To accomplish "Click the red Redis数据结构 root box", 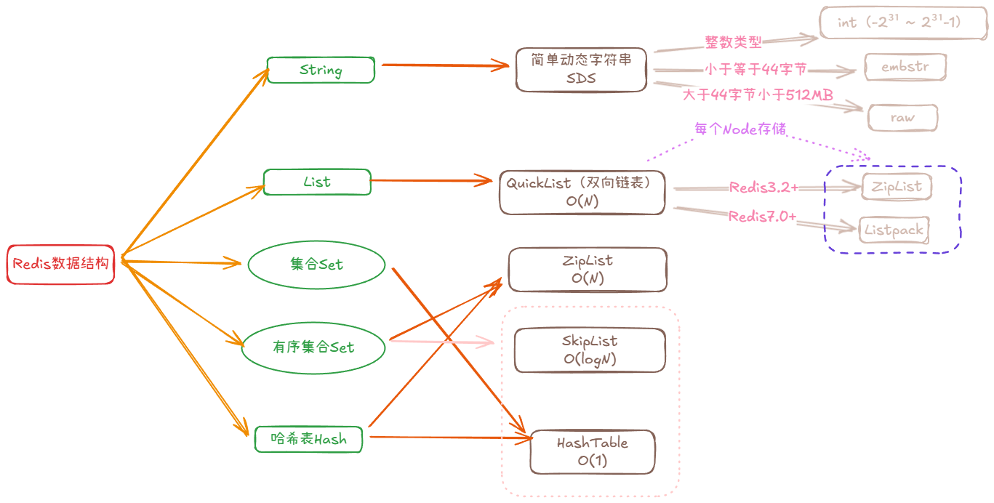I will [x=61, y=264].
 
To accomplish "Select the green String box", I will [x=321, y=71].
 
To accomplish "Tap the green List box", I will [x=317, y=182].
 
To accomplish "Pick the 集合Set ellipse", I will [x=316, y=265].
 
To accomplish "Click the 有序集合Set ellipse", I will [x=313, y=347].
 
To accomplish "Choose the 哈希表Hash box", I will [x=308, y=438].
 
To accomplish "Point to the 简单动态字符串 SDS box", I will [x=581, y=70].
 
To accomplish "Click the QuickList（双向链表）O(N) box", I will [x=582, y=193].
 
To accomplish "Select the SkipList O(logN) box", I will [x=590, y=350].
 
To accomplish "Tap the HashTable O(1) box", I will [x=593, y=451].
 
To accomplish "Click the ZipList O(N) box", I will [x=588, y=269].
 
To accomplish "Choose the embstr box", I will [x=905, y=67].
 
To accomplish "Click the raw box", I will [x=903, y=118].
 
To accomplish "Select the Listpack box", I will [x=894, y=230].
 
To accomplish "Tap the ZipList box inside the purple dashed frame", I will [x=896, y=187].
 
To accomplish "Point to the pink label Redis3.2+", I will [x=763, y=188].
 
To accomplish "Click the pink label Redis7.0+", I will [x=762, y=217].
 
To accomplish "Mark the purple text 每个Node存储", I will [x=740, y=129].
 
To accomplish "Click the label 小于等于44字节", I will [x=756, y=70].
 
